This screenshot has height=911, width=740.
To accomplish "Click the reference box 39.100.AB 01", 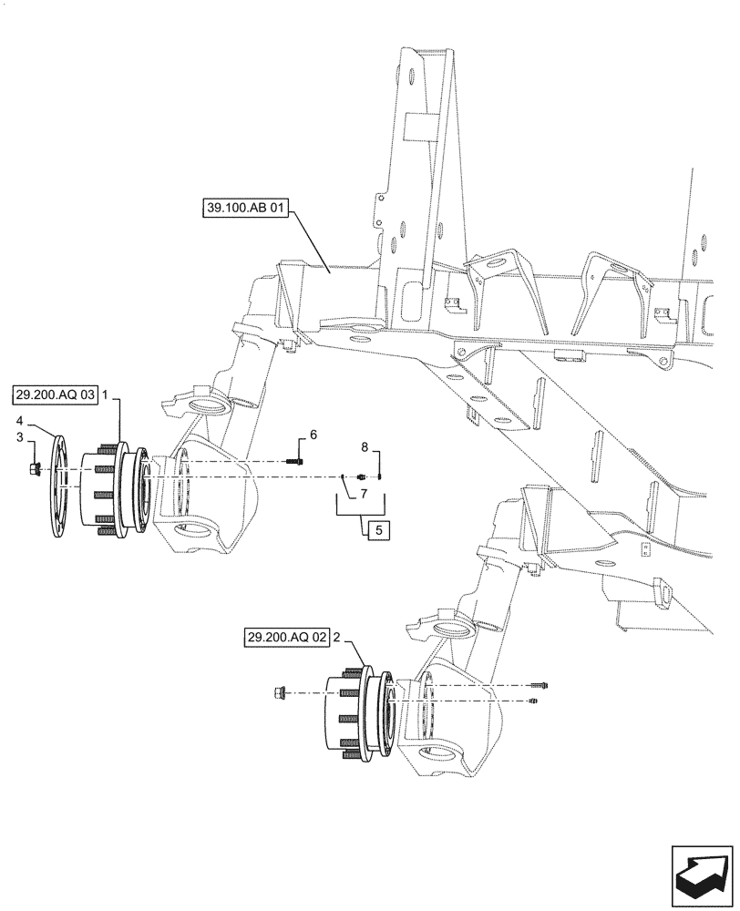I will [246, 209].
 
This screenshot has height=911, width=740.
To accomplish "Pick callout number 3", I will [21, 438].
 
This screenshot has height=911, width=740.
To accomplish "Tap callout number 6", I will [313, 435].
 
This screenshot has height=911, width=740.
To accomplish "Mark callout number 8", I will [365, 447].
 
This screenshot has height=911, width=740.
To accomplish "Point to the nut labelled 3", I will [30, 469].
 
